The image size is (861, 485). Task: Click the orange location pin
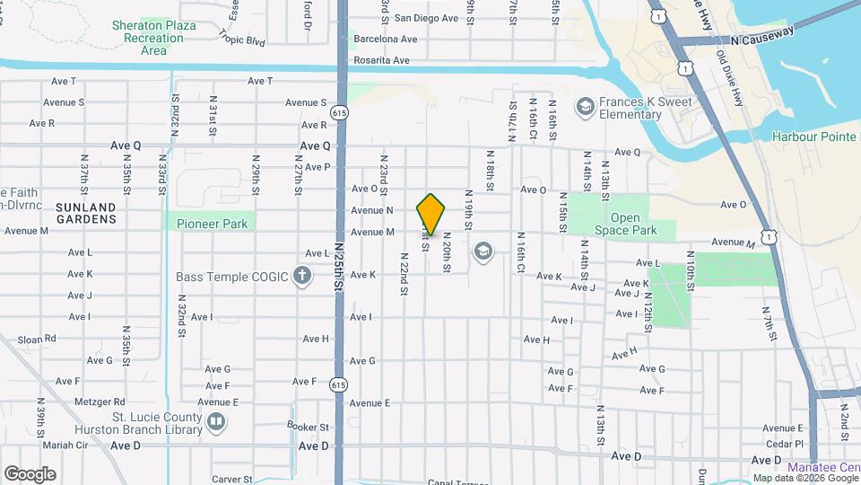tap(431, 214)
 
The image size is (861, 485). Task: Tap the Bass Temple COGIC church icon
tap(303, 276)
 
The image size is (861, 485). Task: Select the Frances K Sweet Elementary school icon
tap(586, 108)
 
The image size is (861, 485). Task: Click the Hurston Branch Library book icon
tap(215, 421)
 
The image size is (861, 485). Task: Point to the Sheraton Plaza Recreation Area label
tap(154, 38)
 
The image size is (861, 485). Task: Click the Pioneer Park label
tap(212, 224)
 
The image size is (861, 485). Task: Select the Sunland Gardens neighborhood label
tap(86, 212)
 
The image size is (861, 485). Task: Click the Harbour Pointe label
tap(814, 137)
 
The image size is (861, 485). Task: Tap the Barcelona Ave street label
tap(386, 40)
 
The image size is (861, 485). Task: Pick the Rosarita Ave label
tap(383, 60)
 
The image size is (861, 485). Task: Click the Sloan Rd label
tap(37, 339)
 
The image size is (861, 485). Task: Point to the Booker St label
tap(309, 427)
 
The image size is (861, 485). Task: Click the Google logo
tap(30, 474)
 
